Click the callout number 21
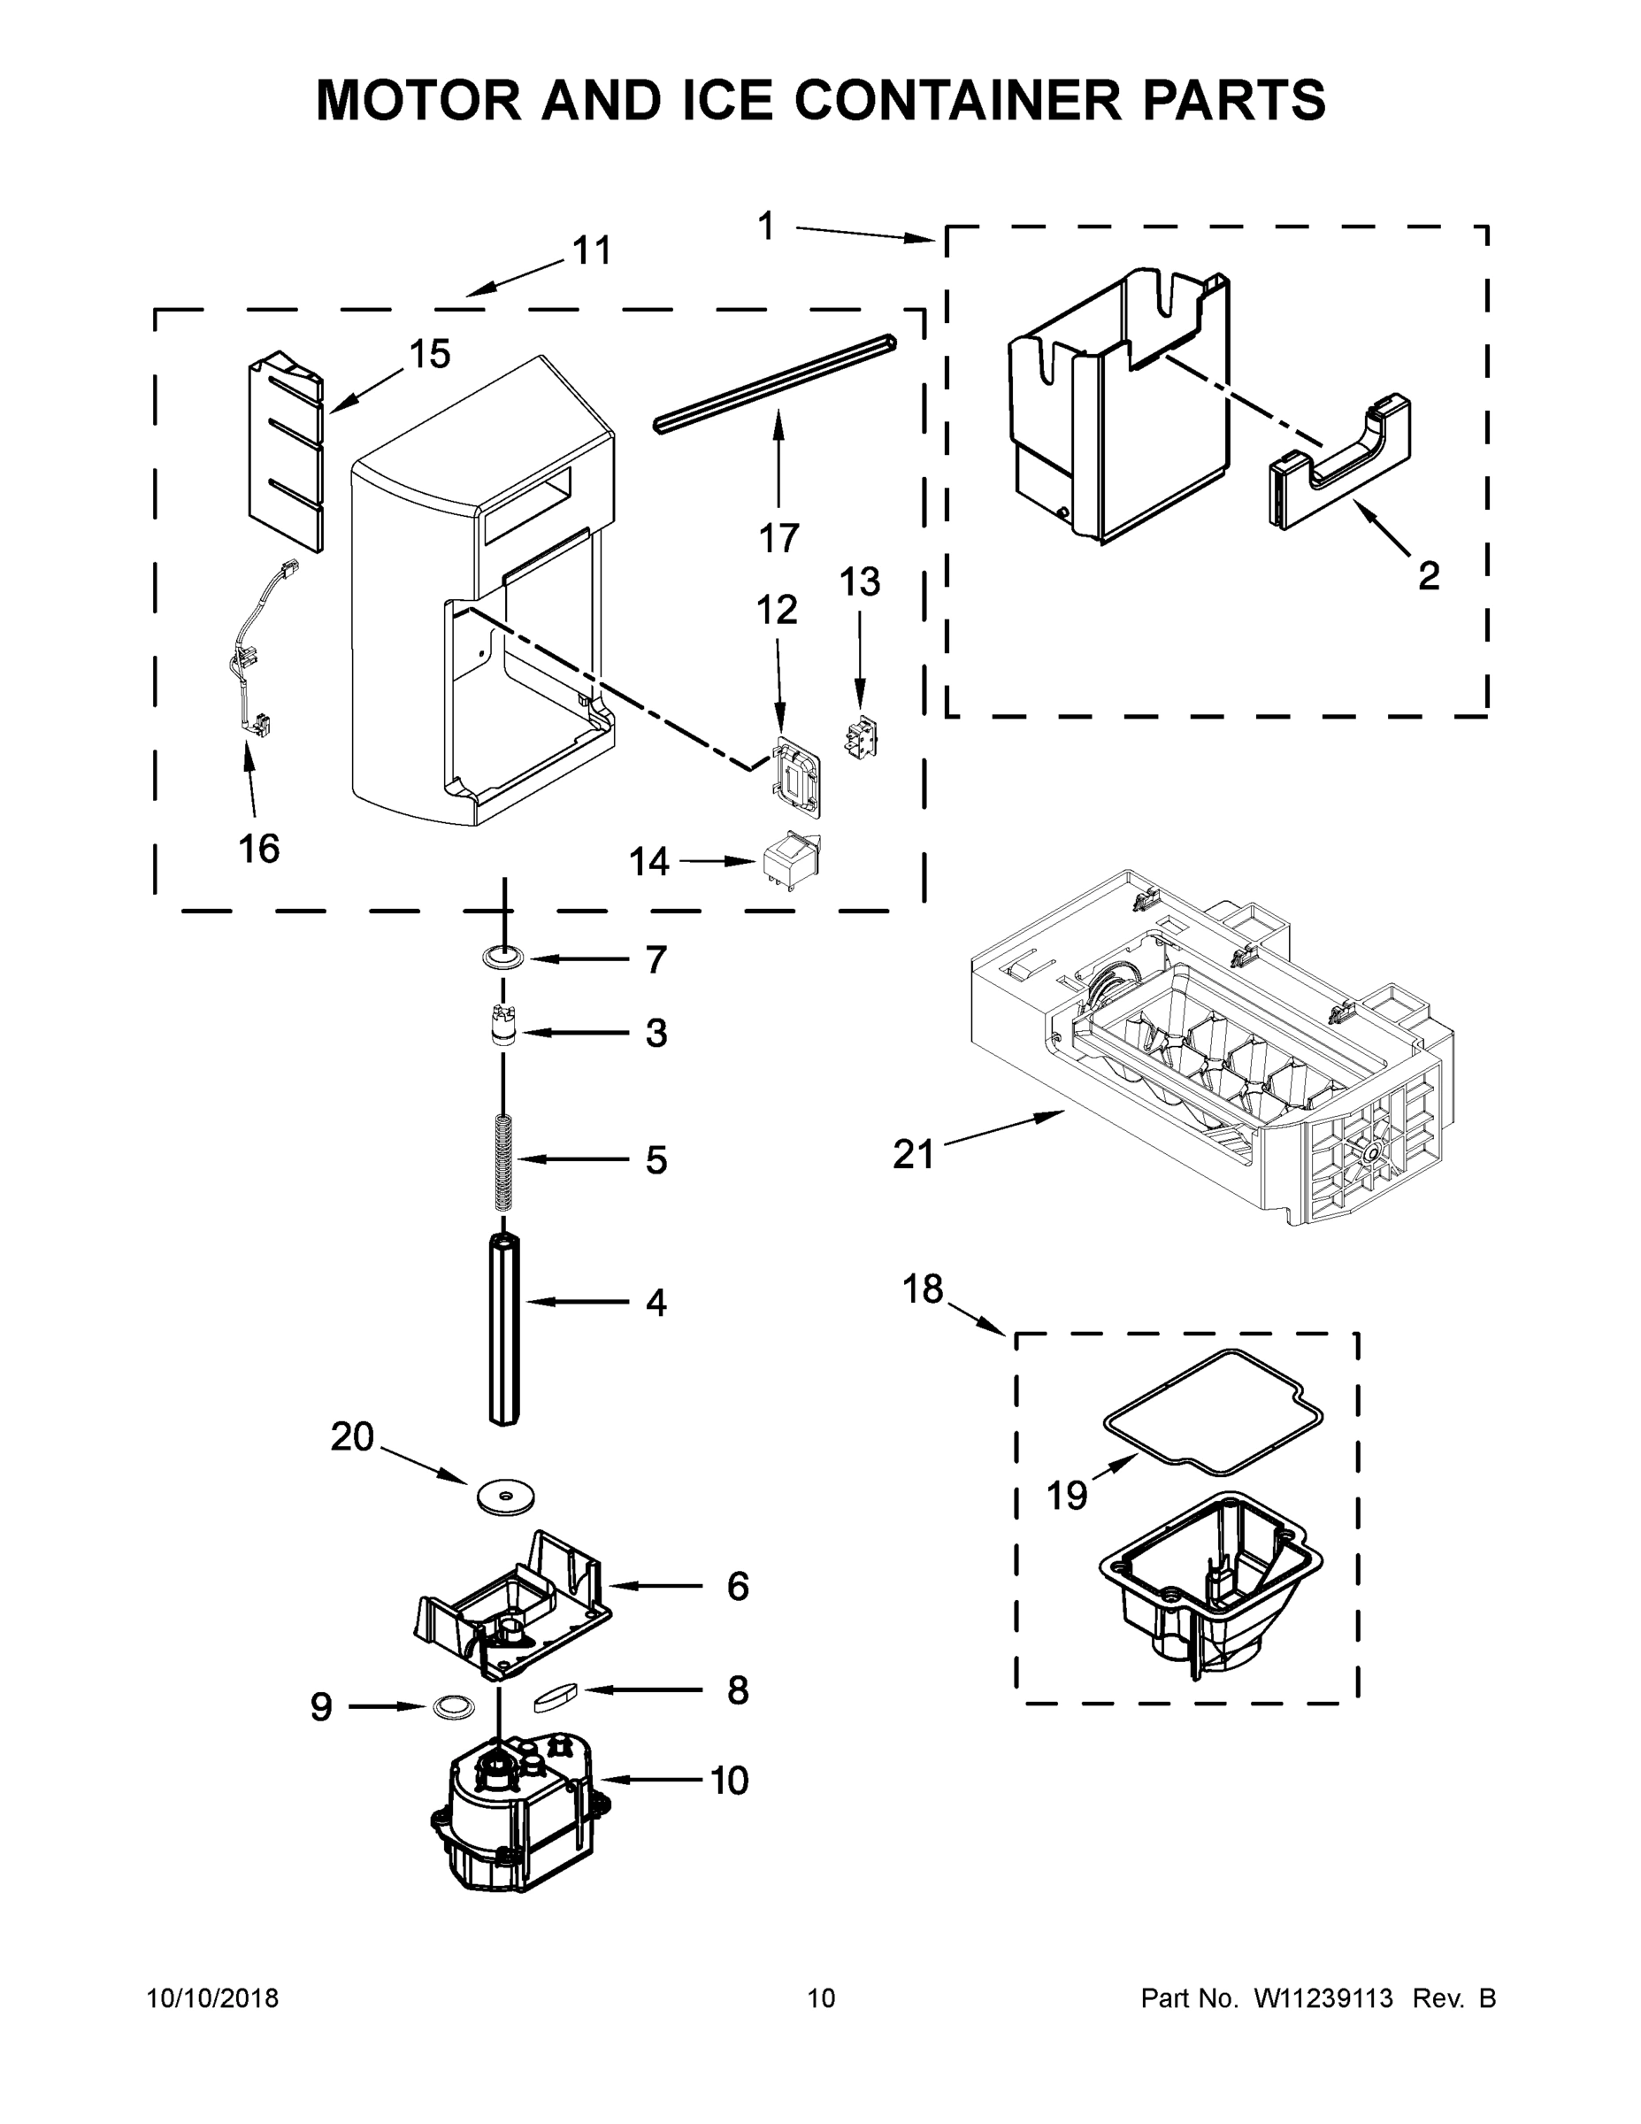(912, 1155)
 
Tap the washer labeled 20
(505, 1497)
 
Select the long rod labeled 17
(776, 384)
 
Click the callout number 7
(656, 960)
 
